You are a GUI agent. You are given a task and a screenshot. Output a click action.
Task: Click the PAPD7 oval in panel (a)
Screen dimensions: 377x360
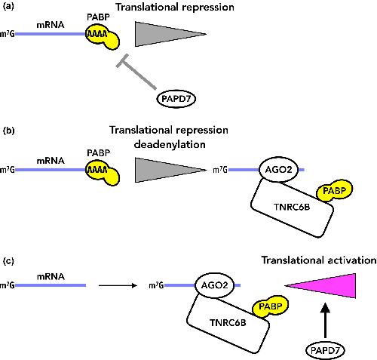(x=176, y=99)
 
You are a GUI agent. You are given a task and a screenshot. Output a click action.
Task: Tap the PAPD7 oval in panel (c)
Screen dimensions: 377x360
(x=325, y=350)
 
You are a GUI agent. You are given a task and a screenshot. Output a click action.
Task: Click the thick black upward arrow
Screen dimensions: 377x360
(x=326, y=320)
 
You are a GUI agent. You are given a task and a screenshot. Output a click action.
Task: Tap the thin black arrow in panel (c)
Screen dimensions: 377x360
(x=118, y=285)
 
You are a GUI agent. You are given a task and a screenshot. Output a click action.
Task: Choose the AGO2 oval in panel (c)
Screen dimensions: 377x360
(x=214, y=285)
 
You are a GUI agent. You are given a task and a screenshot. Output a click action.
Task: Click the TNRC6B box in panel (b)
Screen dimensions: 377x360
(x=293, y=208)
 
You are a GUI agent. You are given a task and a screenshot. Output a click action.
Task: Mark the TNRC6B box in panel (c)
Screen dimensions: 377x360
(x=228, y=323)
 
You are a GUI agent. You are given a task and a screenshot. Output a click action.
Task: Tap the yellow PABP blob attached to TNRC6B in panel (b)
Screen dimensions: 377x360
(x=334, y=191)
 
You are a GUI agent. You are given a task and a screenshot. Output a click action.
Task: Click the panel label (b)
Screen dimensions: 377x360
(x=8, y=131)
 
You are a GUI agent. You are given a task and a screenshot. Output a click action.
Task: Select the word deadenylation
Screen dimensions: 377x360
(x=170, y=144)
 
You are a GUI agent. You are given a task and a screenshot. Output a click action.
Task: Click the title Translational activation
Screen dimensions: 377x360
(x=319, y=260)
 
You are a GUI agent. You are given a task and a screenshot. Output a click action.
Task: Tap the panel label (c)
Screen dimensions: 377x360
(x=8, y=261)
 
